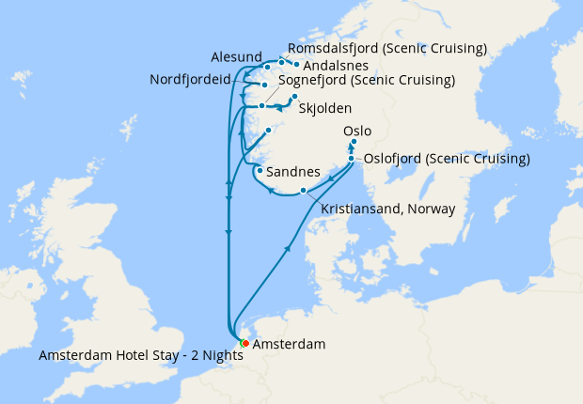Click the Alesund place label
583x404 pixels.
tap(236, 56)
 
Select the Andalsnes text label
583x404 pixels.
tap(335, 66)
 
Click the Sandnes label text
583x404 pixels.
tap(293, 173)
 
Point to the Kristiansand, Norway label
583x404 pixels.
tap(387, 209)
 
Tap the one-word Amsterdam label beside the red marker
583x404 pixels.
tap(290, 345)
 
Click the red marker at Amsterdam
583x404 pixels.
tap(245, 344)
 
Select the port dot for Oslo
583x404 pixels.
tap(354, 143)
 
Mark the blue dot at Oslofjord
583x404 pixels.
tap(352, 158)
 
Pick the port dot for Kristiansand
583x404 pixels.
tap(303, 191)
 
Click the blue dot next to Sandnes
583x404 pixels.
tap(259, 171)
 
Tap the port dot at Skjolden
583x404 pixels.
tap(294, 97)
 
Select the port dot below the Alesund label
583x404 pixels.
tap(267, 67)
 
